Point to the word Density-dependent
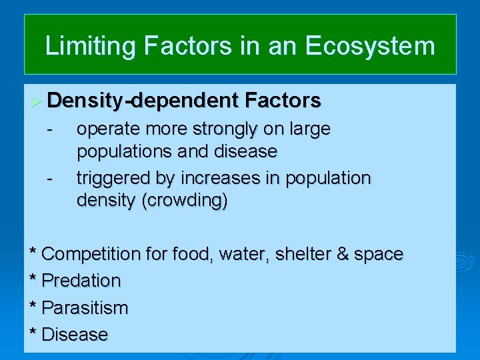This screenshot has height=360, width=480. (142, 101)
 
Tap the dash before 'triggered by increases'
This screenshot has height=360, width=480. (49, 178)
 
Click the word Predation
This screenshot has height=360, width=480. (81, 281)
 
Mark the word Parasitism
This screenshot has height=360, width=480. (84, 308)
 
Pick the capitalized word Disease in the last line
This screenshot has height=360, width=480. (74, 335)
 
